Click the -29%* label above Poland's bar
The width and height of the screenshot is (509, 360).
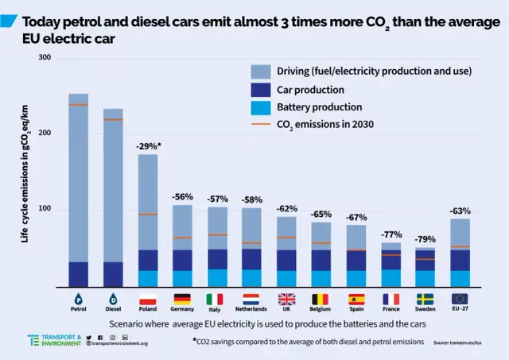[147, 146]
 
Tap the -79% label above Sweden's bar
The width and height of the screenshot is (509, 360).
[425, 239]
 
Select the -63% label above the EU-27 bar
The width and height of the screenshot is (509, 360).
[460, 211]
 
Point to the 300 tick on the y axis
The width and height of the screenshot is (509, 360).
[44, 58]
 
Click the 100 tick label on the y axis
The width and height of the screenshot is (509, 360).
[44, 209]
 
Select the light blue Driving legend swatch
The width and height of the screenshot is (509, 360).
[262, 72]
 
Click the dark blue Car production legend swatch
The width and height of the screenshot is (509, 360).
[262, 89]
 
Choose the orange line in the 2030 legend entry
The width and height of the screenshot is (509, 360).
[262, 124]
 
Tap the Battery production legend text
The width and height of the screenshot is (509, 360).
[320, 106]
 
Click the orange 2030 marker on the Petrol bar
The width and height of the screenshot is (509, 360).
[78, 105]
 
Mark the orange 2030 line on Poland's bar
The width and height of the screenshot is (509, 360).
[147, 214]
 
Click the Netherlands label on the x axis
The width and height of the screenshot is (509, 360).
[251, 308]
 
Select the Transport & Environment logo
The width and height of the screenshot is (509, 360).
[56, 340]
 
